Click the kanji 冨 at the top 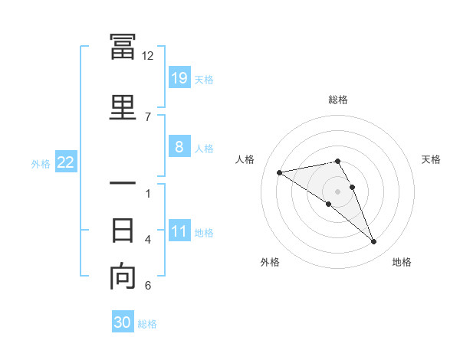pyautogui.click(x=123, y=47)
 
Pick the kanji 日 pyautogui.click(x=123, y=229)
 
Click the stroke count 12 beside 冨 pyautogui.click(x=148, y=56)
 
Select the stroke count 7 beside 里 pyautogui.click(x=148, y=116)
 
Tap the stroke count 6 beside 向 pyautogui.click(x=148, y=286)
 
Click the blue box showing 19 pyautogui.click(x=179, y=77)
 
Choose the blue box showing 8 pyautogui.click(x=179, y=147)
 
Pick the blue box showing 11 pyautogui.click(x=179, y=231)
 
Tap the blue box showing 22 pyautogui.click(x=66, y=162)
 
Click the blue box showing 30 pyautogui.click(x=123, y=322)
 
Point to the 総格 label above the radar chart pyautogui.click(x=338, y=100)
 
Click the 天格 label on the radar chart pyautogui.click(x=432, y=159)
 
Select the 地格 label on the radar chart pyautogui.click(x=402, y=262)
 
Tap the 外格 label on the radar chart pyautogui.click(x=270, y=262)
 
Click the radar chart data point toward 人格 pyautogui.click(x=279, y=172)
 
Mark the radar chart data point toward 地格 pyautogui.click(x=374, y=242)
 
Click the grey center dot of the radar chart pyautogui.click(x=338, y=191)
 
